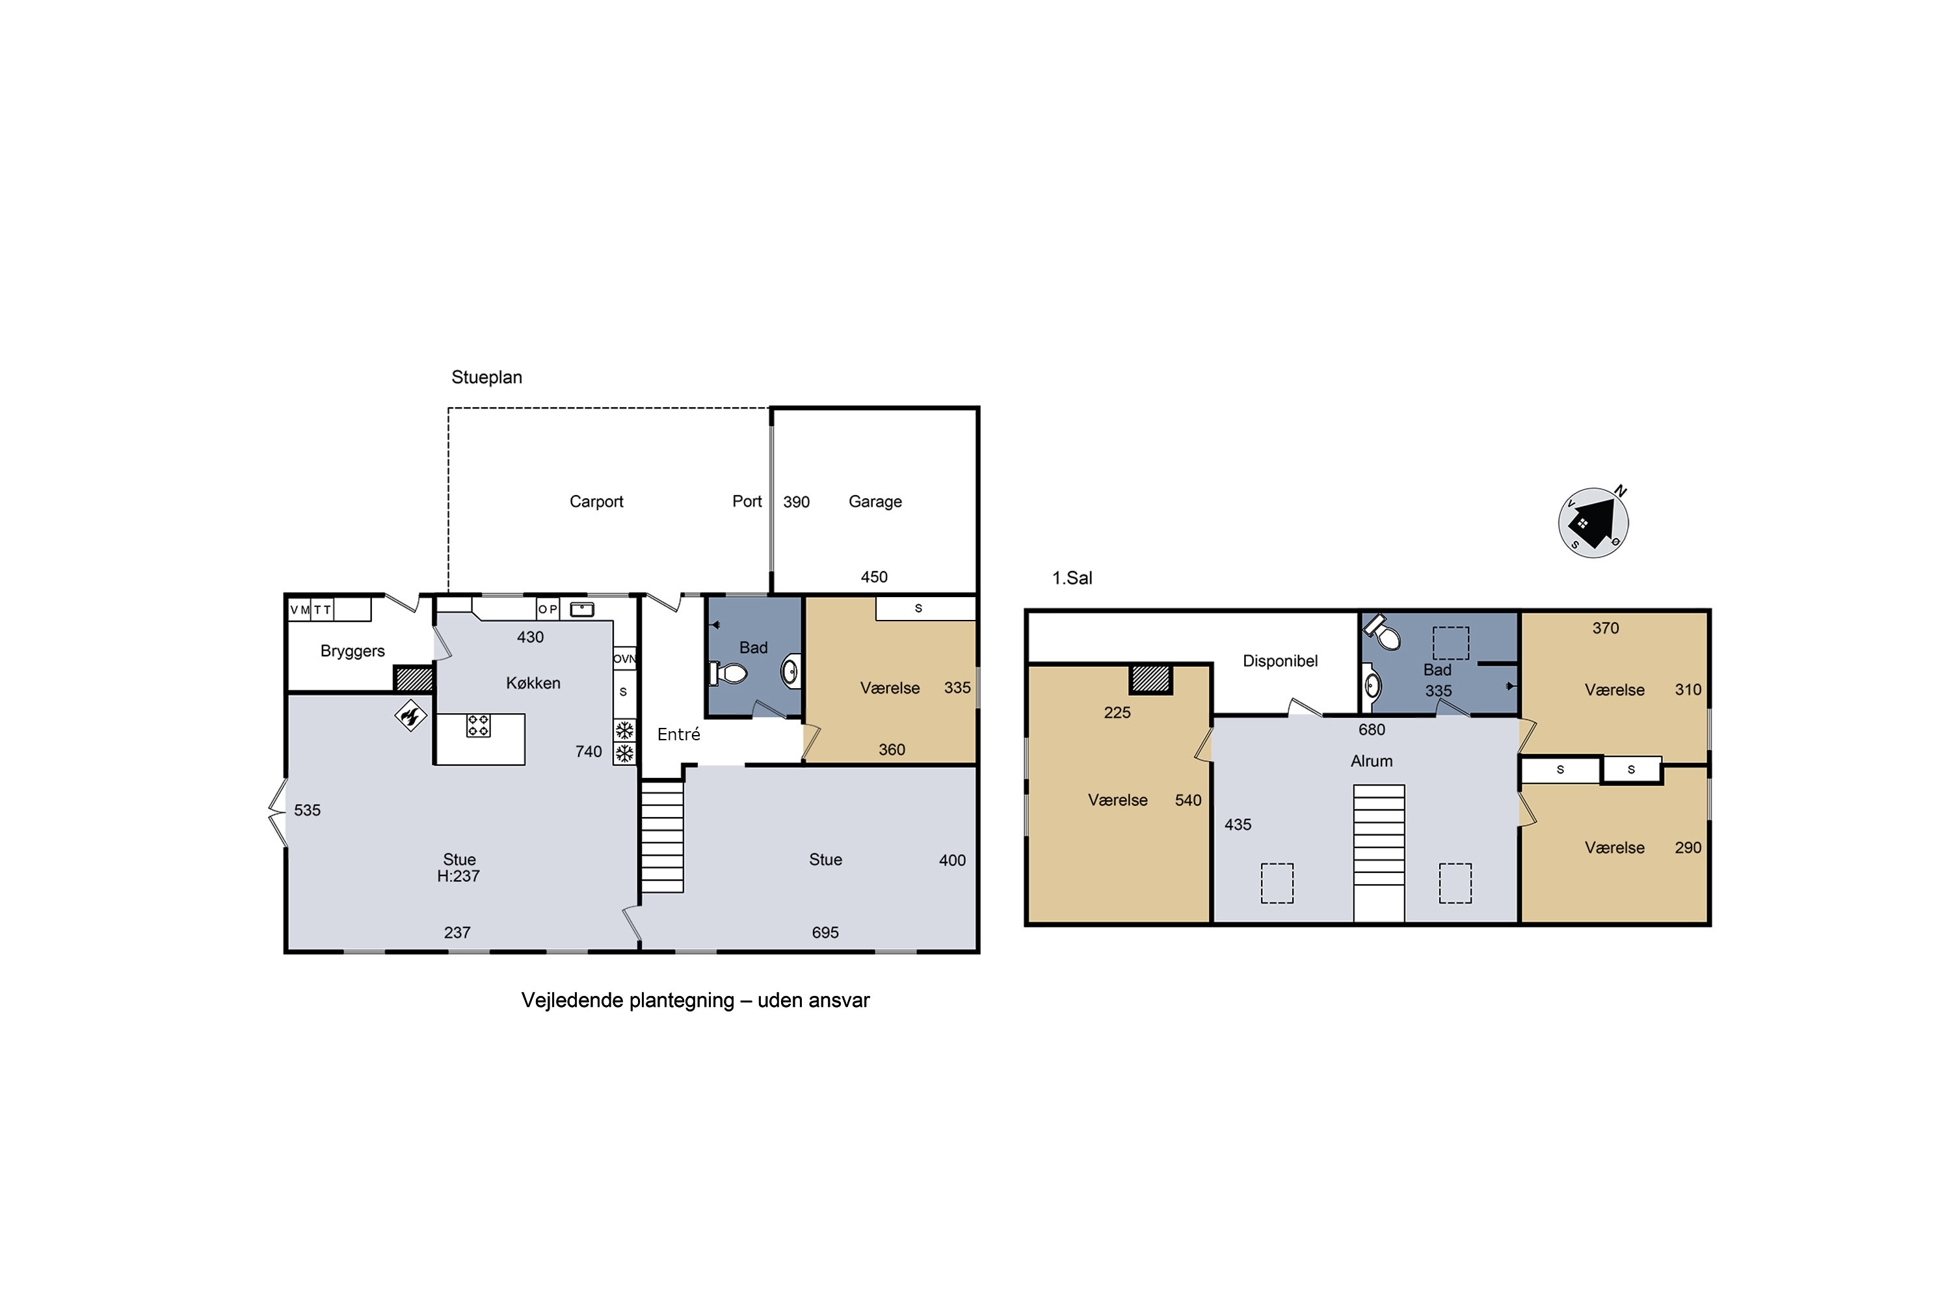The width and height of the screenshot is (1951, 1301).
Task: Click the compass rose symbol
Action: pyautogui.click(x=1593, y=523)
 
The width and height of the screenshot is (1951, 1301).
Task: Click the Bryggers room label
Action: pyautogui.click(x=352, y=651)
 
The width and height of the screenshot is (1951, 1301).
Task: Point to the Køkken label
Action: pyautogui.click(x=533, y=683)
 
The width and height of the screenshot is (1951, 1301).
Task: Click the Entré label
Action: pyautogui.click(x=678, y=734)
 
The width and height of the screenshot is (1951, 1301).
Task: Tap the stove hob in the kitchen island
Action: pyautogui.click(x=478, y=725)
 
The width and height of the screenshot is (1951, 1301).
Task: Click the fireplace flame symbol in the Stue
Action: pyautogui.click(x=410, y=715)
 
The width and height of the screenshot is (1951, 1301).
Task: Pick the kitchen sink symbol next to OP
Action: pyautogui.click(x=581, y=609)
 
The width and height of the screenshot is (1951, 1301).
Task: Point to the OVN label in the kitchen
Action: pyautogui.click(x=624, y=659)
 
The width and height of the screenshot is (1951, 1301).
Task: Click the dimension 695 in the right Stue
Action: pyautogui.click(x=825, y=933)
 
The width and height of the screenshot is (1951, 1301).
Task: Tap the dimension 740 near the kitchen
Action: pyautogui.click(x=588, y=752)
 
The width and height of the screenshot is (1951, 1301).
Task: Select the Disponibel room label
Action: pyautogui.click(x=1280, y=662)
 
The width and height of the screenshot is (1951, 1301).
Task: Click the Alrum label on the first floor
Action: pyautogui.click(x=1371, y=761)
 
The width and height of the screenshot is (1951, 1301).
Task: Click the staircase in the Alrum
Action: pyautogui.click(x=1379, y=853)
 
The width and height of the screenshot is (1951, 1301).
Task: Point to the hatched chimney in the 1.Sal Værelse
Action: pyautogui.click(x=1150, y=678)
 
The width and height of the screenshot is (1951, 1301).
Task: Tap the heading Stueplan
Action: pyautogui.click(x=487, y=377)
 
